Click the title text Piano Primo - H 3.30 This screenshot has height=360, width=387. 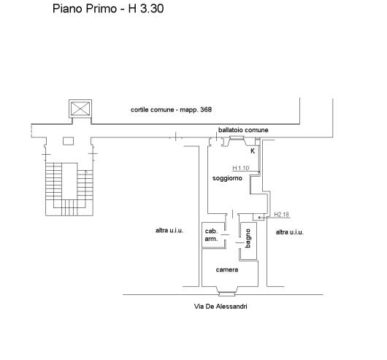tap(108, 9)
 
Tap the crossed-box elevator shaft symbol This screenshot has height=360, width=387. tap(80, 109)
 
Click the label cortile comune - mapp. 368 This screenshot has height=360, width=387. tap(171, 110)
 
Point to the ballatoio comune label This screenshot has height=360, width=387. tap(243, 130)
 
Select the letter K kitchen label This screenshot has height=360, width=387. tap(253, 150)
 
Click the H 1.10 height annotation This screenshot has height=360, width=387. tap(241, 168)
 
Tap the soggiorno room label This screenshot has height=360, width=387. tap(227, 178)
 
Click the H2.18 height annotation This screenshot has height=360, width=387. tap(282, 215)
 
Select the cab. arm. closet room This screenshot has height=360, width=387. tap(213, 235)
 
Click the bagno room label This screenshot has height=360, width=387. tap(248, 238)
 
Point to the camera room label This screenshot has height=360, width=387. tap(227, 269)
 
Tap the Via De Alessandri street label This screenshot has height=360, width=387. tap(221, 307)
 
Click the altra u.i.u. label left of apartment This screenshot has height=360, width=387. tap(169, 231)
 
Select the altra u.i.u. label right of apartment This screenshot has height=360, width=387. tap(289, 232)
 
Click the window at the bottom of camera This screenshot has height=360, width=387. tap(227, 294)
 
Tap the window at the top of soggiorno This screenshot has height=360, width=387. tap(237, 138)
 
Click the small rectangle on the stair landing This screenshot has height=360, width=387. tap(68, 141)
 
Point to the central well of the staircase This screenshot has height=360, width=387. tap(69, 181)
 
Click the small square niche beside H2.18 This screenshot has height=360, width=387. tap(258, 217)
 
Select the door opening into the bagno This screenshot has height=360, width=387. tap(240, 242)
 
